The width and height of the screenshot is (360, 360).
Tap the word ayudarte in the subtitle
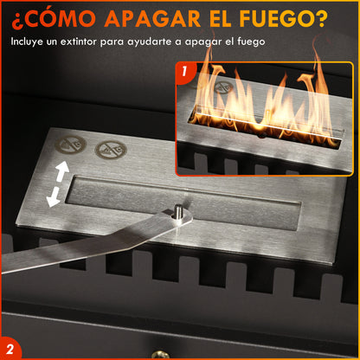coord(164,41)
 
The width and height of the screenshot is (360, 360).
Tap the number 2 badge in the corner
coord(13,346)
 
